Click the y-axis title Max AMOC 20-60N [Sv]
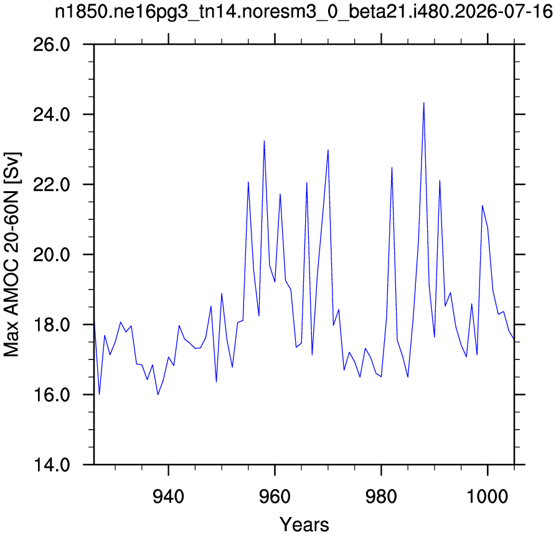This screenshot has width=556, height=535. (x=12, y=255)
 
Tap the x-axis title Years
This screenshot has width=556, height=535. (x=304, y=524)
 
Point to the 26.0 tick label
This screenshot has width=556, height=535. (x=52, y=45)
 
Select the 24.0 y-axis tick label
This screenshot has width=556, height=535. (x=52, y=115)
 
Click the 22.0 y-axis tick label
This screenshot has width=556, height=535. (x=52, y=185)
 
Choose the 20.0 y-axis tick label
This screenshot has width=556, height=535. (x=52, y=255)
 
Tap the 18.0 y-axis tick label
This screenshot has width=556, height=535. (x=52, y=325)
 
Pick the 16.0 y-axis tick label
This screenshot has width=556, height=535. (x=52, y=395)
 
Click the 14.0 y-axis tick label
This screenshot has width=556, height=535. (x=52, y=465)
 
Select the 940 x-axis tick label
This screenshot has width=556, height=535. (x=169, y=496)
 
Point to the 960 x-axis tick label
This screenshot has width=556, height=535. (x=275, y=496)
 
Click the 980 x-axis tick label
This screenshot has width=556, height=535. (x=381, y=496)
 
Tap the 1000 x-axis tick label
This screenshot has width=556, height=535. (x=488, y=496)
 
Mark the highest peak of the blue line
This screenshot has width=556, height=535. (x=424, y=103)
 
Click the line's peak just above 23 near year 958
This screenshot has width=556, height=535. (x=264, y=141)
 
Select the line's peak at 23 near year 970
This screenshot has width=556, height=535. (x=328, y=149)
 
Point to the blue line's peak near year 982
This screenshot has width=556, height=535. (x=392, y=168)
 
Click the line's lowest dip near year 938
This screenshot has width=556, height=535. (x=158, y=394)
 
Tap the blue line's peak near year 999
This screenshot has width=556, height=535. (x=483, y=206)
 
